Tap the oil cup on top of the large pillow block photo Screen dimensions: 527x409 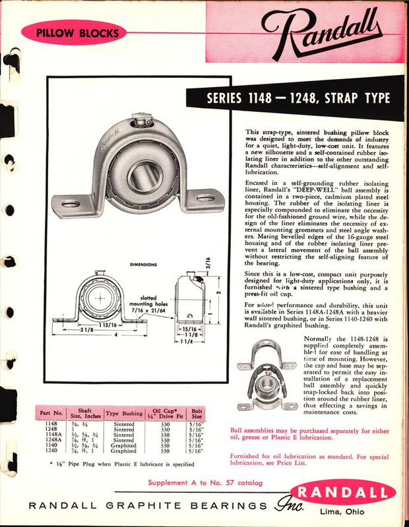click(140, 121)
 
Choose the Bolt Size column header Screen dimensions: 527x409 click(197, 413)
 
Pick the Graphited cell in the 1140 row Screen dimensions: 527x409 click(124, 446)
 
